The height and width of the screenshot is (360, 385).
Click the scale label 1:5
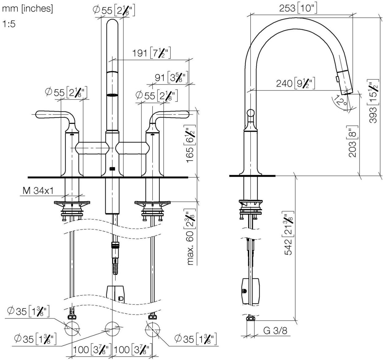(9, 24)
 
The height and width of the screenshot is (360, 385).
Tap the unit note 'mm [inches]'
(28, 9)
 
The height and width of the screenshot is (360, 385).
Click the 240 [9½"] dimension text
(295, 83)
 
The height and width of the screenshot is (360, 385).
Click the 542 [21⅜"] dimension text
(288, 233)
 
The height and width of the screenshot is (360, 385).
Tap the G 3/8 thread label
(275, 331)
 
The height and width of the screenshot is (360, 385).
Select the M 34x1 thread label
(38, 191)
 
